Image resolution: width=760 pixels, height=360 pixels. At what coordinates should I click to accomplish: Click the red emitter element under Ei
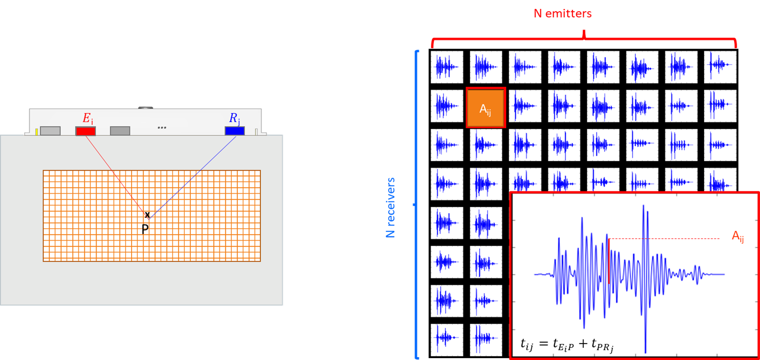(x=85, y=131)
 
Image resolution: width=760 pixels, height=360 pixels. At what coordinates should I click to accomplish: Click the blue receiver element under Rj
(x=235, y=131)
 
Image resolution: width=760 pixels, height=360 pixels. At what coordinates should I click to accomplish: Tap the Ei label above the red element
(x=88, y=118)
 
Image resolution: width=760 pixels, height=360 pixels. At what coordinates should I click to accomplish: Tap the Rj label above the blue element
(x=234, y=118)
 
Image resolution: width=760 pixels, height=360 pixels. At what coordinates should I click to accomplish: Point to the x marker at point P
(x=147, y=215)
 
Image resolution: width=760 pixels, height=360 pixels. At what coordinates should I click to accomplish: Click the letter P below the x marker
(x=145, y=229)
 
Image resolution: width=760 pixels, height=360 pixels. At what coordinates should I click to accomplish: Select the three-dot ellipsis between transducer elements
(x=162, y=127)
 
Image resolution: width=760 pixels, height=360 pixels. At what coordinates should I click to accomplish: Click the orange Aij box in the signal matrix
(x=486, y=108)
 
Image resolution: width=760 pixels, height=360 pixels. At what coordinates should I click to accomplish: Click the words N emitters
(x=563, y=14)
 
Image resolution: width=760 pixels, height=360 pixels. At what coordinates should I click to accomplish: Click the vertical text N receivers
(x=390, y=208)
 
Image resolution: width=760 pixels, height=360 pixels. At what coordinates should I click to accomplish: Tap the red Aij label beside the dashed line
(x=738, y=237)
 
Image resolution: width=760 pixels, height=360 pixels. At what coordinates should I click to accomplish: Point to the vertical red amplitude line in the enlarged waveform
(x=609, y=261)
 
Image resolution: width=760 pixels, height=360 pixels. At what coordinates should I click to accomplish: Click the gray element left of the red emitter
(x=50, y=131)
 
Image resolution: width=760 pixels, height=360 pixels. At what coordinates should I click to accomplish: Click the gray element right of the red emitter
(x=120, y=131)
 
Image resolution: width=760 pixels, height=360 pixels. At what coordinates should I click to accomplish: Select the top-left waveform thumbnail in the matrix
(x=447, y=67)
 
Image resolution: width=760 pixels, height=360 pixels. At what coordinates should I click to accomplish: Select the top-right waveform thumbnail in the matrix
(x=720, y=67)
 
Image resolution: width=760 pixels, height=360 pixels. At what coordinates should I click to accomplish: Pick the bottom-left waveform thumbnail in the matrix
(x=447, y=339)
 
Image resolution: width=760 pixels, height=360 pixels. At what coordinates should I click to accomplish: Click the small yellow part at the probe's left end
(x=37, y=132)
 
